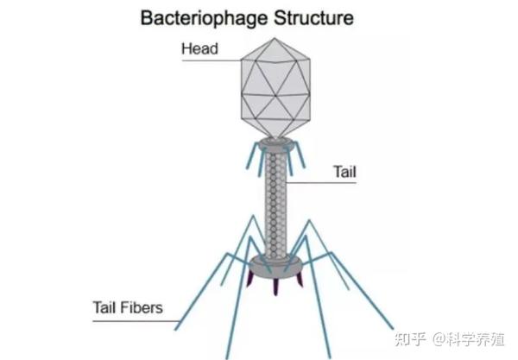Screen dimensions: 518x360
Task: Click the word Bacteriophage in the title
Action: [204, 18]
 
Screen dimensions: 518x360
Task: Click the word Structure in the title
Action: [313, 17]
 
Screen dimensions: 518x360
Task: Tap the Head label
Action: [200, 48]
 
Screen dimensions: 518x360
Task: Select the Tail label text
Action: [344, 172]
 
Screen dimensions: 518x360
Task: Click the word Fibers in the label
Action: [141, 307]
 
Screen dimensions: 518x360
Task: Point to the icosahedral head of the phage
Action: [275, 88]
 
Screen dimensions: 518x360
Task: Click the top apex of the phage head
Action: [275, 38]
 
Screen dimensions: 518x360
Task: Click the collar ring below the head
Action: [275, 145]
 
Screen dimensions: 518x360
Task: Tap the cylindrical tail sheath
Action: [275, 204]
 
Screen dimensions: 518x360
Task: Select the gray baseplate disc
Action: [275, 266]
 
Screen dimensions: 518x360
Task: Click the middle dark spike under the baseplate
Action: [275, 287]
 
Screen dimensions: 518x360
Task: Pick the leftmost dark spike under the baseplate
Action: [250, 280]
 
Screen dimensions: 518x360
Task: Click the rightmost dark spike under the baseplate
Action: [300, 280]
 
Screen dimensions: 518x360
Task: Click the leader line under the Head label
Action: [212, 60]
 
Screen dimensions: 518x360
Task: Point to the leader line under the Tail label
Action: [321, 182]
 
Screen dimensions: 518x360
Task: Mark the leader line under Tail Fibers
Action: [136, 321]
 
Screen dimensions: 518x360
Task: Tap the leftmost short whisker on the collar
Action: [253, 156]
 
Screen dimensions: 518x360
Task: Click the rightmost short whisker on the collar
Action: [300, 155]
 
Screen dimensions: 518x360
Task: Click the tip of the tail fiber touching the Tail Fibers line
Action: [176, 329]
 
